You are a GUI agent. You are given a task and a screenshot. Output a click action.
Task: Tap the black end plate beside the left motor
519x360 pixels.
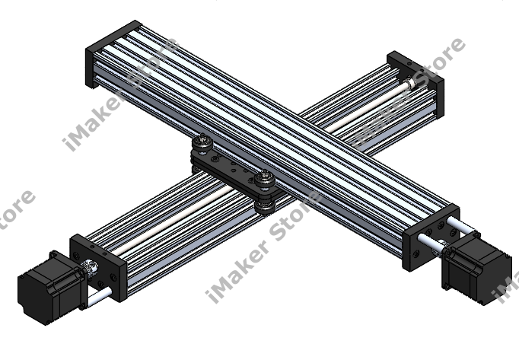100,267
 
